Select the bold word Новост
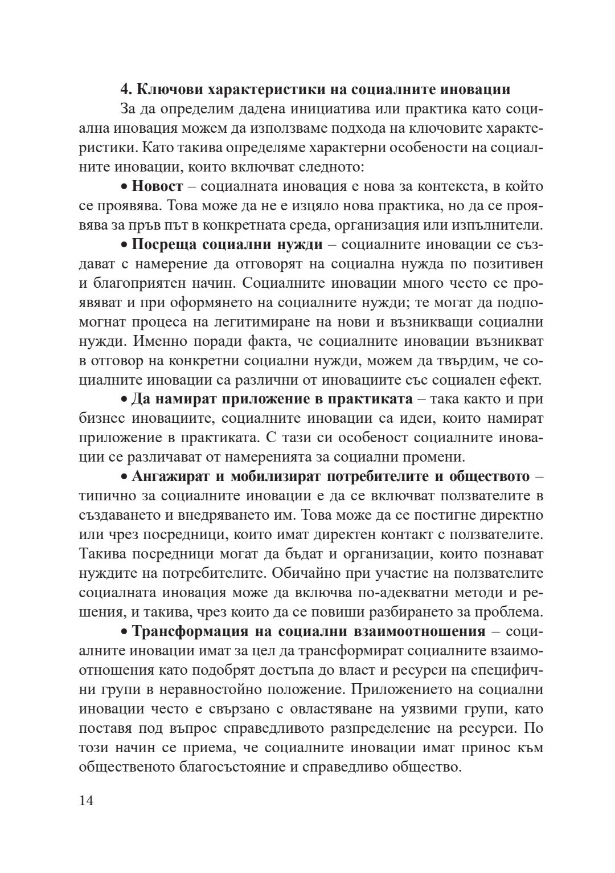coord(158,186)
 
